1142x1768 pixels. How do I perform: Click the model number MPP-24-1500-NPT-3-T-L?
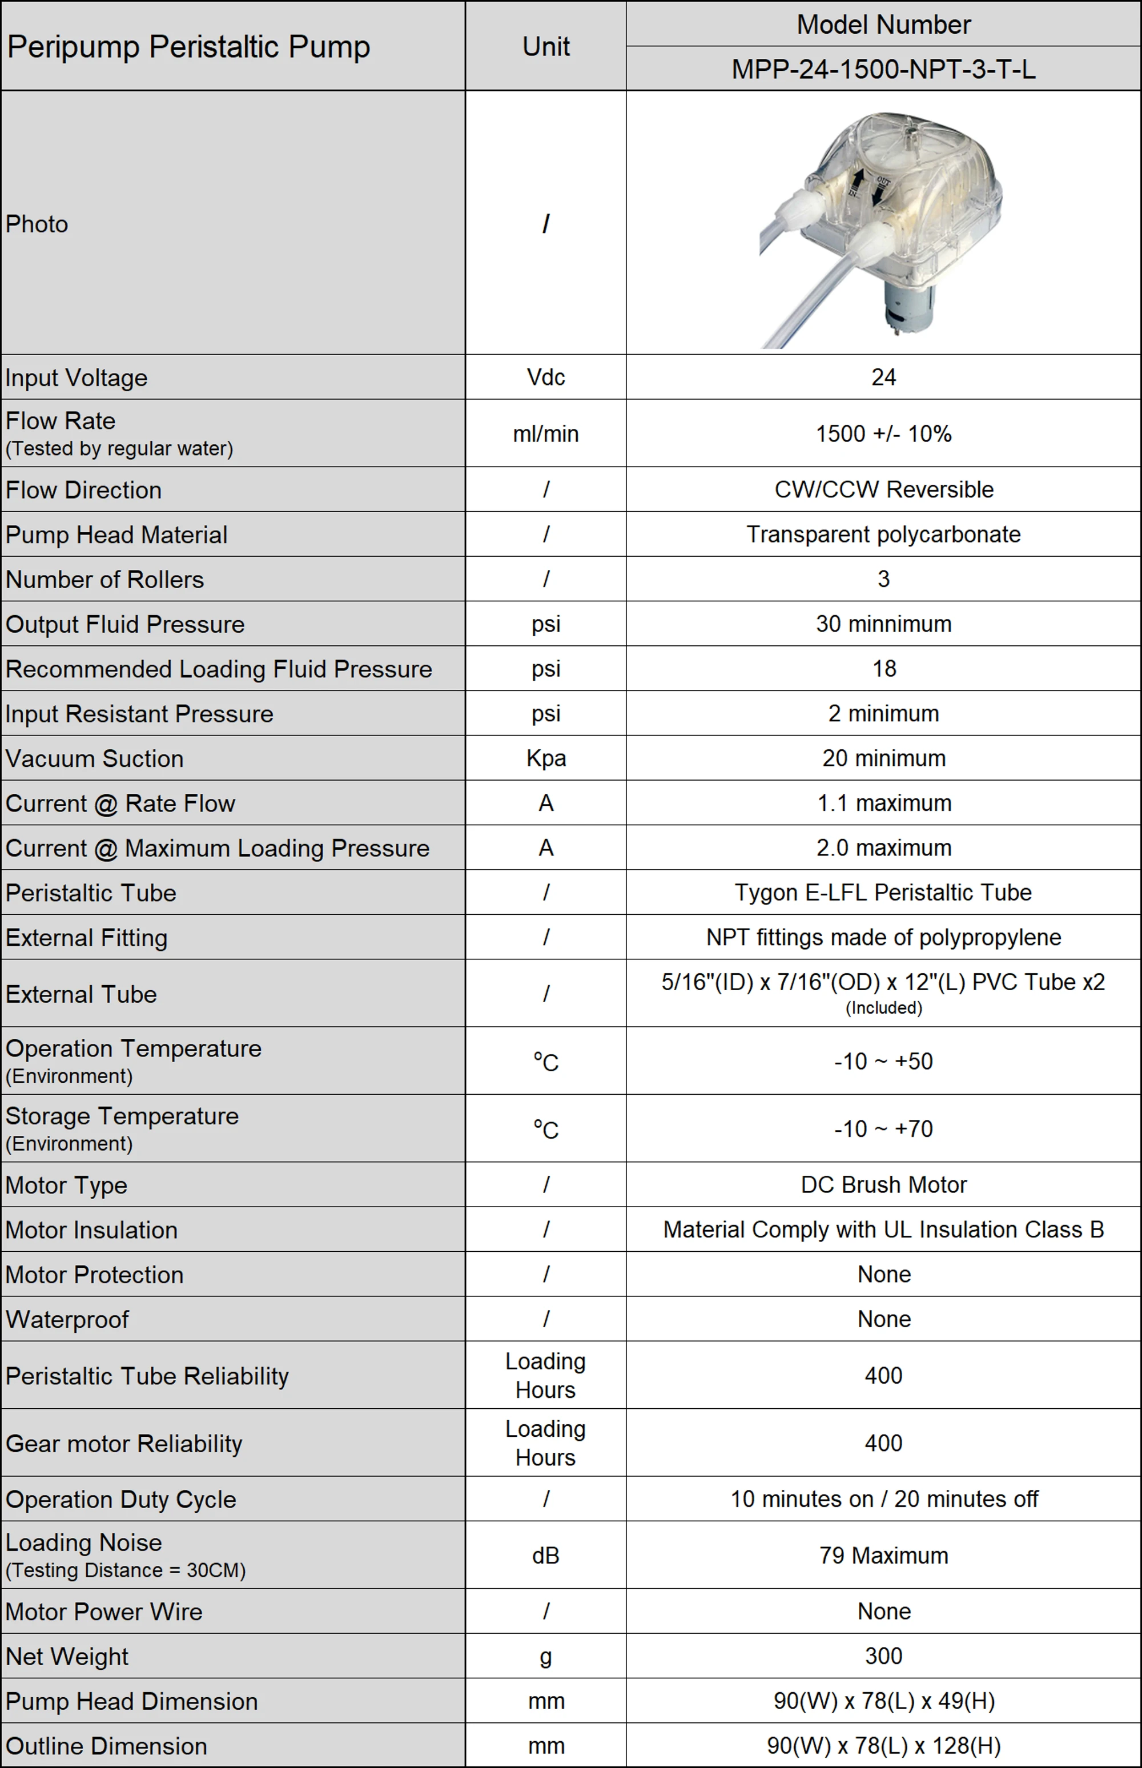pos(883,69)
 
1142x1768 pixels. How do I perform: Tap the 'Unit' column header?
pos(546,47)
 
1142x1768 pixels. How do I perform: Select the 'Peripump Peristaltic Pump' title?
pos(188,47)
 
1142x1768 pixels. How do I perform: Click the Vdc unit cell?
pos(546,377)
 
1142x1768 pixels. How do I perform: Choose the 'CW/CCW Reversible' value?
pos(883,489)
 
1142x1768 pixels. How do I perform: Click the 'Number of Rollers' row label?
pos(104,579)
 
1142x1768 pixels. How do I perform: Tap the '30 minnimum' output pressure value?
pos(883,624)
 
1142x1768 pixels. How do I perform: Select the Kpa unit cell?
pos(546,758)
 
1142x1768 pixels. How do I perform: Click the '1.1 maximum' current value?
pos(883,802)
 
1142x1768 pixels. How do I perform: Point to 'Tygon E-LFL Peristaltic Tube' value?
pos(883,892)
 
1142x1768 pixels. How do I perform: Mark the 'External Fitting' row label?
pos(87,938)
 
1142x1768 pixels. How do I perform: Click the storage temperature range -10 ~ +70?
pos(883,1129)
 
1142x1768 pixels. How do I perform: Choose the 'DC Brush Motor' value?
pos(883,1184)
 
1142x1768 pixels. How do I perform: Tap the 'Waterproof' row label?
pos(67,1319)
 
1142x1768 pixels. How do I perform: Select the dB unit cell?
pos(546,1555)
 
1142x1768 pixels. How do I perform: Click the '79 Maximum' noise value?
pos(883,1555)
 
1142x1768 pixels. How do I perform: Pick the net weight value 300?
pos(883,1656)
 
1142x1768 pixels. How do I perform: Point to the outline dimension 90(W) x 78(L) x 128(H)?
pos(883,1746)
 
